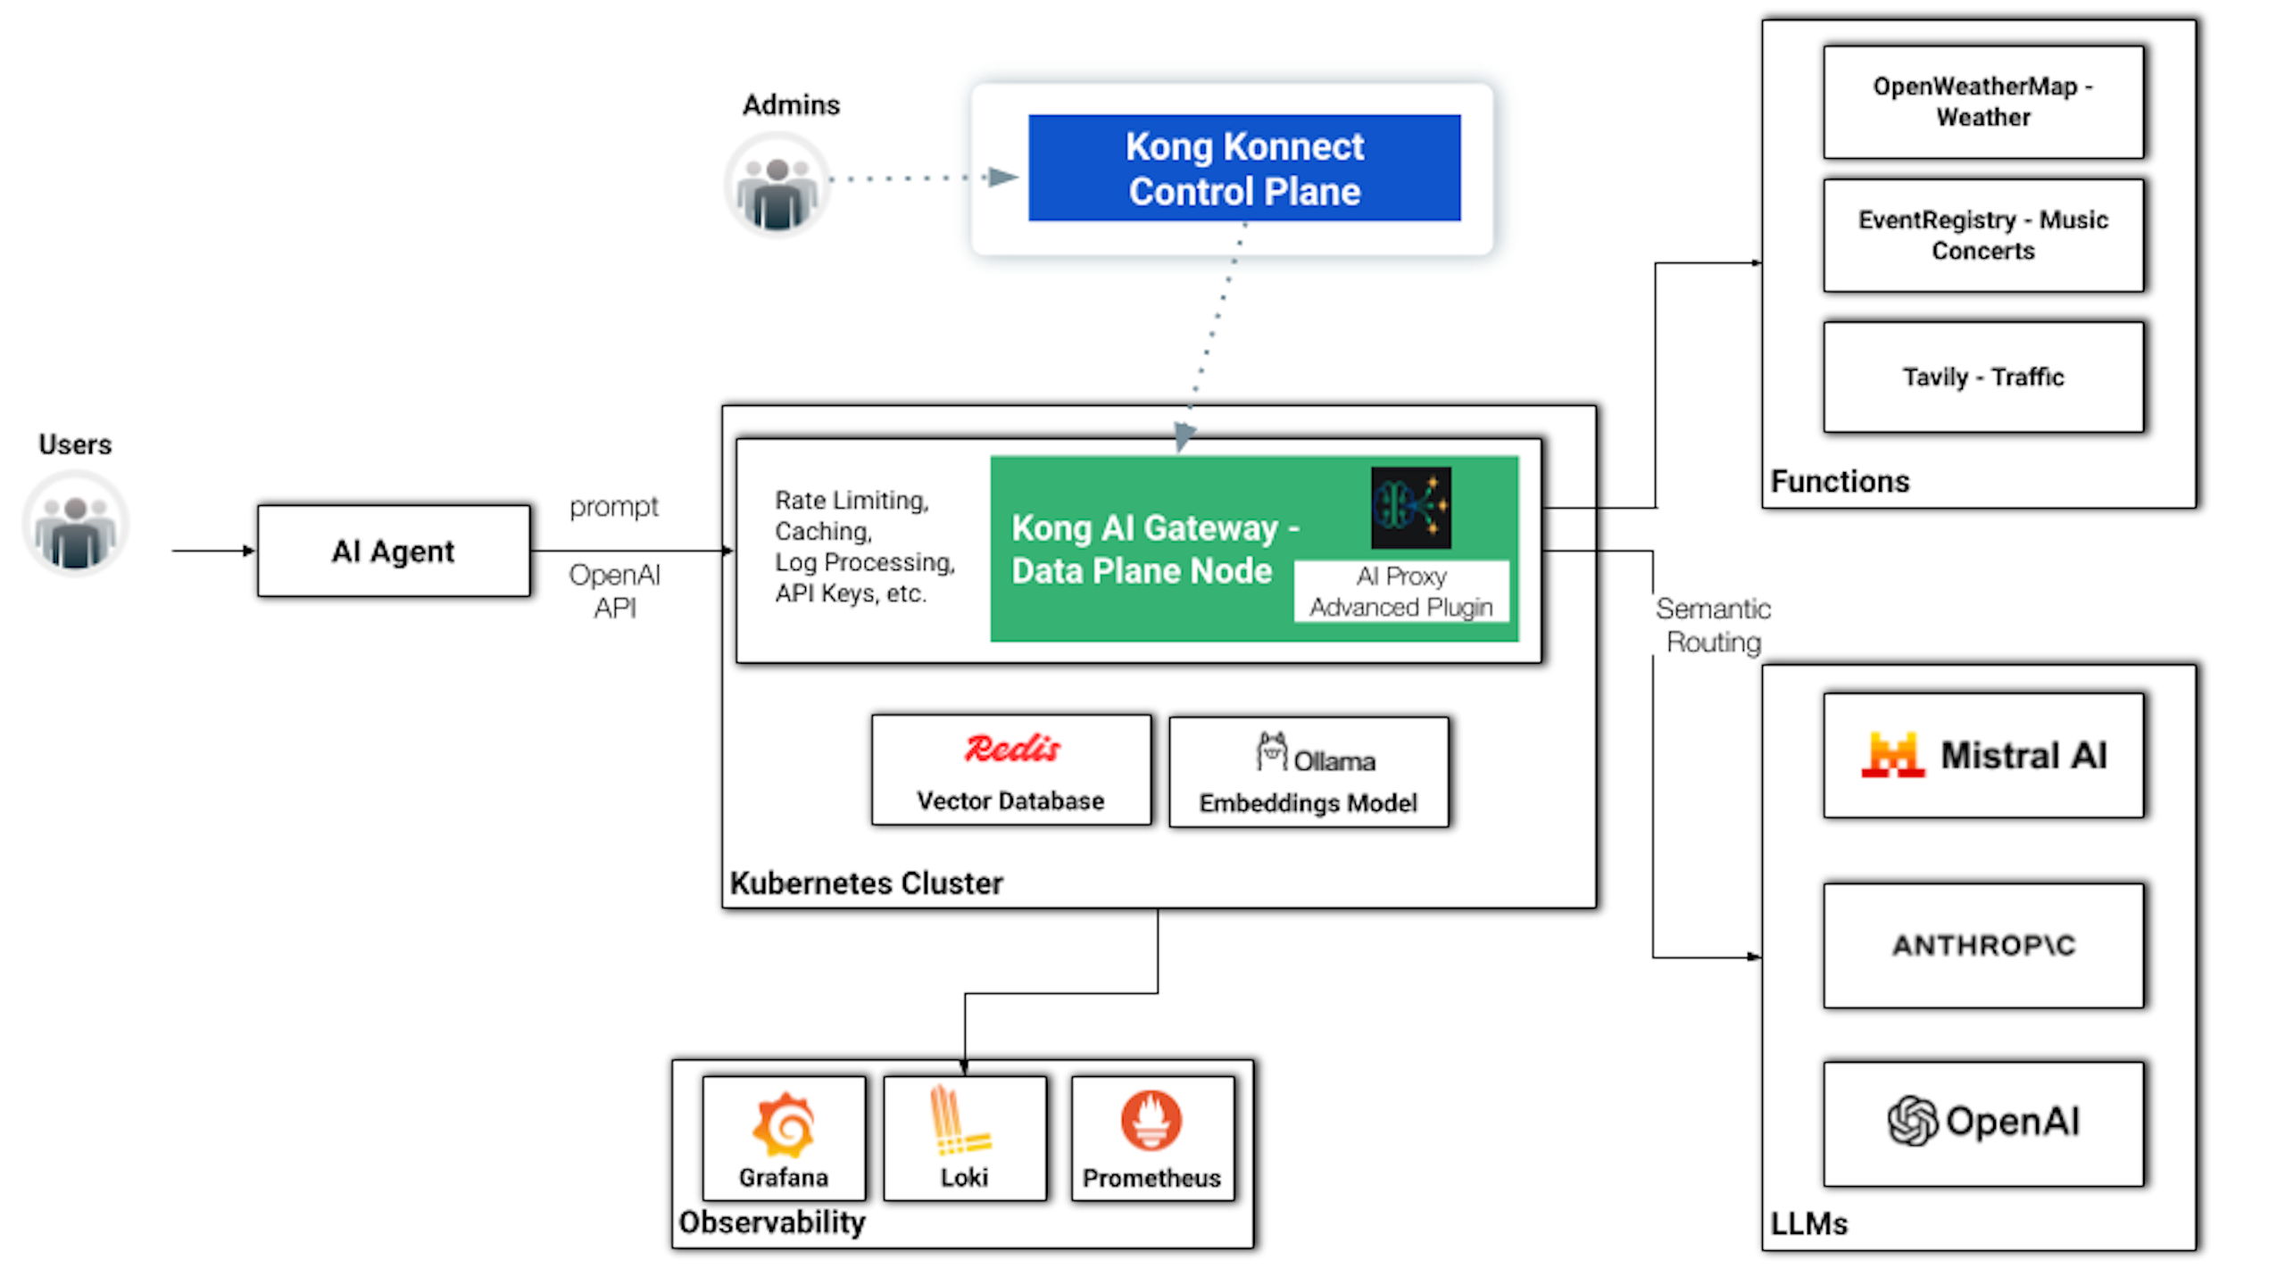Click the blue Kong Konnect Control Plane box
pos(1243,168)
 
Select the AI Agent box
pos(393,551)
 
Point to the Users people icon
pos(76,525)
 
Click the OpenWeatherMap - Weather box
pos(1982,102)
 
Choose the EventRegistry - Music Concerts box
pos(1982,236)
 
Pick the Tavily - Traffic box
pos(1982,377)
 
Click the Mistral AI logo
pos(1892,755)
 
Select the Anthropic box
pos(1982,945)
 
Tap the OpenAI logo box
pos(1982,1123)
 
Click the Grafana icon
pos(783,1123)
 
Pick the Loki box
pos(964,1138)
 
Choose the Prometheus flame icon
pos(1151,1121)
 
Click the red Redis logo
pos(1012,748)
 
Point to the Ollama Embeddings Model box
pos(1308,773)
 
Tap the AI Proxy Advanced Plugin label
pos(1400,591)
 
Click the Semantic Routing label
pos(1713,625)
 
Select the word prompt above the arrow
pos(614,507)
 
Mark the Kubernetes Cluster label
pos(866,883)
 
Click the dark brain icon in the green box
pos(1410,507)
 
